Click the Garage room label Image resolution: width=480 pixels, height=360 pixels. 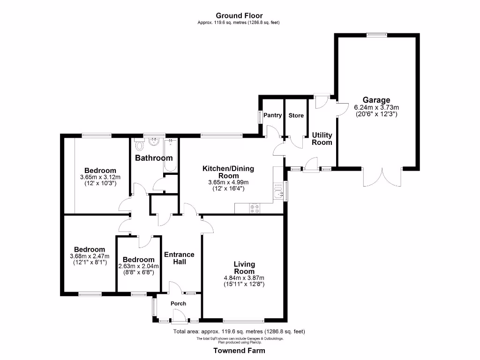pyautogui.click(x=376, y=100)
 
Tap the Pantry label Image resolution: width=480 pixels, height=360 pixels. pyautogui.click(x=272, y=115)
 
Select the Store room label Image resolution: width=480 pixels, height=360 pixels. pyautogui.click(x=296, y=115)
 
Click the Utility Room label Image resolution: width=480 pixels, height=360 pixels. pyautogui.click(x=322, y=139)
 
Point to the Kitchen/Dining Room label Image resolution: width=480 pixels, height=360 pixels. pyautogui.click(x=228, y=172)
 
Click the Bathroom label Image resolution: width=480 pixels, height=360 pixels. pyautogui.click(x=154, y=158)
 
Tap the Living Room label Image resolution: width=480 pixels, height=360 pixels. pyautogui.click(x=244, y=268)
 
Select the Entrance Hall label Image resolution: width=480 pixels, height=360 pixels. pyautogui.click(x=179, y=258)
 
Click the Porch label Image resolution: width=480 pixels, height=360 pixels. pyautogui.click(x=178, y=304)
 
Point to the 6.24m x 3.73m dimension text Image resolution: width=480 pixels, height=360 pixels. pyautogui.click(x=376, y=107)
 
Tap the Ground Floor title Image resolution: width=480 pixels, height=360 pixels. pyautogui.click(x=239, y=15)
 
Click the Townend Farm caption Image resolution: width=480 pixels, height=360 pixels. pyautogui.click(x=239, y=351)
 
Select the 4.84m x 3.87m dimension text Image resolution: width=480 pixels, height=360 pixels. pyautogui.click(x=244, y=277)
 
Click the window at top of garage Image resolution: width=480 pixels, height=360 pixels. pyautogui.click(x=376, y=33)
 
